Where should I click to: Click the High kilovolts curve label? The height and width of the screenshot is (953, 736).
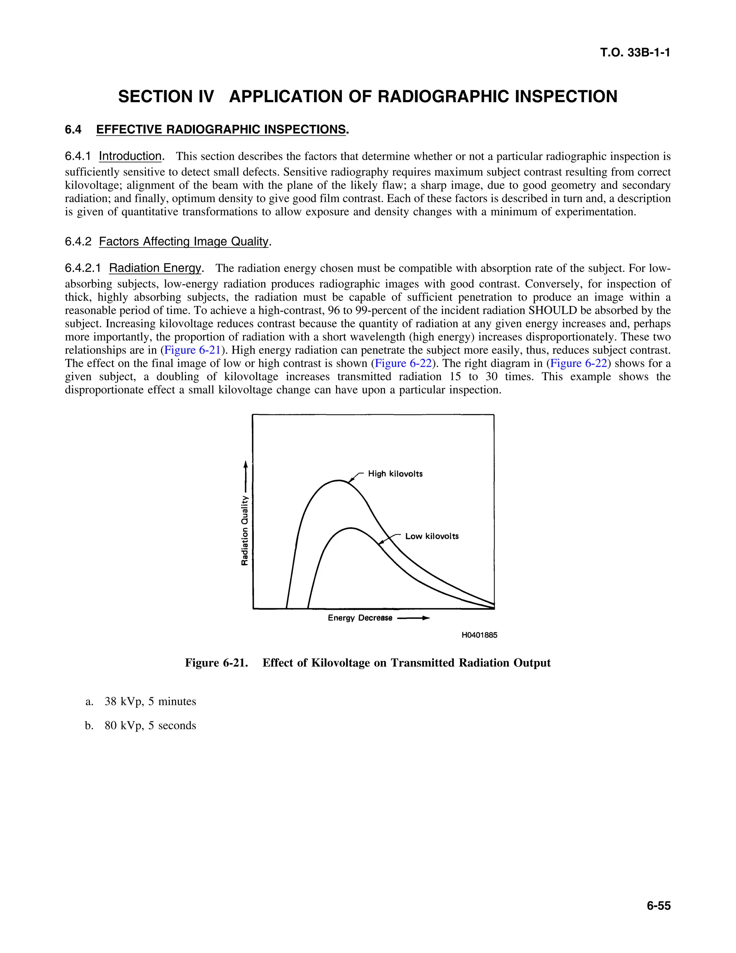click(395, 474)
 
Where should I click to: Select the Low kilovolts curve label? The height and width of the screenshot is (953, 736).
click(432, 536)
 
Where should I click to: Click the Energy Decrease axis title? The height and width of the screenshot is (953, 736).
click(360, 618)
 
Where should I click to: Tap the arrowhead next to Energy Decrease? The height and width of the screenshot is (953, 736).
click(426, 618)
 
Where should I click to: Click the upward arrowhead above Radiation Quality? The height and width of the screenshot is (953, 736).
click(245, 464)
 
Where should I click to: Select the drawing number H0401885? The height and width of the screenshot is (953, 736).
click(479, 635)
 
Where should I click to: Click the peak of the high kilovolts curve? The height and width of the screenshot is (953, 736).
click(339, 480)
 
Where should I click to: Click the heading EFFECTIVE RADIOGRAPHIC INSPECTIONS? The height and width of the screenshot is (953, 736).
click(221, 129)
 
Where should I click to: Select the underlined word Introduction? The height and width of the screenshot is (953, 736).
click(130, 156)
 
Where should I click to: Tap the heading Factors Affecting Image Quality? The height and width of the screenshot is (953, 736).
click(184, 241)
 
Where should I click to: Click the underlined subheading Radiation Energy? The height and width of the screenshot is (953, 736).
click(155, 268)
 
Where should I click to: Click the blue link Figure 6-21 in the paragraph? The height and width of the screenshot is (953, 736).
click(192, 350)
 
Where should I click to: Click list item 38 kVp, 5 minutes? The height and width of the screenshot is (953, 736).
click(150, 702)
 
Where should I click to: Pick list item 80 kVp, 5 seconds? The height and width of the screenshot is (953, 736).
click(150, 726)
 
